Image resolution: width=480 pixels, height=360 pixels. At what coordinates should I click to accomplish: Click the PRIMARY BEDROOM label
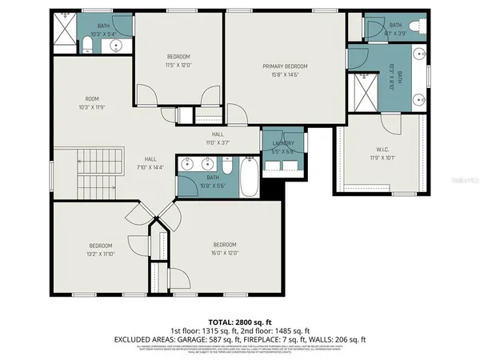point(285,66)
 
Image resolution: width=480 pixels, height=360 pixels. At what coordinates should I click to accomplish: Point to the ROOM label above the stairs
point(93,99)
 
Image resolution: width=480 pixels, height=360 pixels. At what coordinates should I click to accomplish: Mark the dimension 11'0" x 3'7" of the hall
point(218,142)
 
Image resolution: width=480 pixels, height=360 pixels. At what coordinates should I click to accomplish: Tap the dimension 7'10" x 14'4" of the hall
point(150,167)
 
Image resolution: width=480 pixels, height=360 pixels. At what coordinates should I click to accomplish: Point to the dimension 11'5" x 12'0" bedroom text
point(178,64)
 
